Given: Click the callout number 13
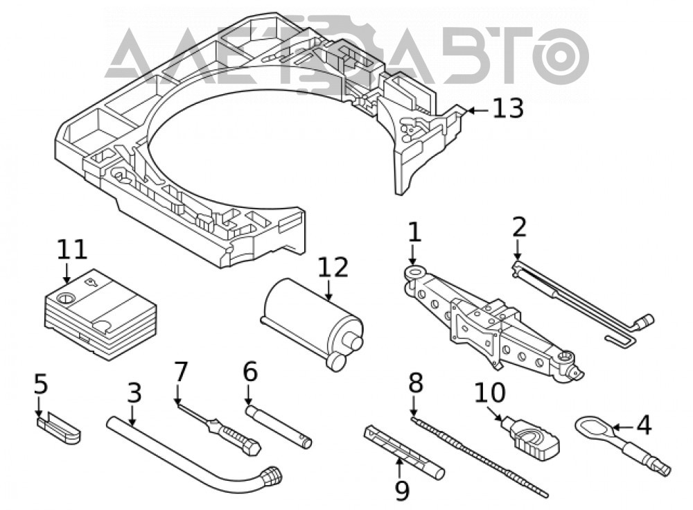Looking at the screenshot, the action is click(508, 109).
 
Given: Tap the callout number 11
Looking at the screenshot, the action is click(72, 249).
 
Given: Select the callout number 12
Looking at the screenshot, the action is click(333, 267).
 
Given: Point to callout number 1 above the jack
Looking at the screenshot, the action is click(414, 232).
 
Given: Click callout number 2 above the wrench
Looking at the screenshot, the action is click(520, 227).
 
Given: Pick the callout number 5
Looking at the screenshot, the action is click(41, 384).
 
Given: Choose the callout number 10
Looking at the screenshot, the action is click(490, 392).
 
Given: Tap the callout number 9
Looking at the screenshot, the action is click(402, 491).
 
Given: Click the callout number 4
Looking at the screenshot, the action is click(644, 425).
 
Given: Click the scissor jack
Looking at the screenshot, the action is click(493, 323).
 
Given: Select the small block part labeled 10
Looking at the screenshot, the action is click(532, 435).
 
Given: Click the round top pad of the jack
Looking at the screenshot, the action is click(415, 271).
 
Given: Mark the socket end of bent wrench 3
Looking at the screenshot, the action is click(272, 477).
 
